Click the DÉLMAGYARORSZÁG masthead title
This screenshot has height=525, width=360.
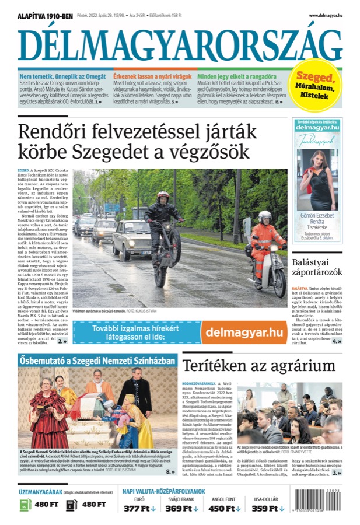tap(180, 45)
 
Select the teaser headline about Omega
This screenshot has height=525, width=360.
tap(62, 76)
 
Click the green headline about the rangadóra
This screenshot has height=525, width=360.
tap(236, 76)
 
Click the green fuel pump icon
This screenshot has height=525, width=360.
tap(25, 504)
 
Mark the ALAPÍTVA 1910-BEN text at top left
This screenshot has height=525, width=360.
tap(46, 16)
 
